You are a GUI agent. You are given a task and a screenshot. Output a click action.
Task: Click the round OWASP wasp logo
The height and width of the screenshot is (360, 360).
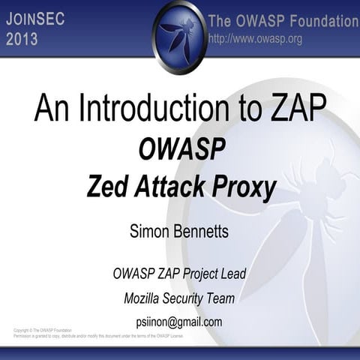[x=180, y=36]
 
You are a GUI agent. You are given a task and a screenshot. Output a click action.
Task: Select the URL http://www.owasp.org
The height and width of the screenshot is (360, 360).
[x=255, y=39]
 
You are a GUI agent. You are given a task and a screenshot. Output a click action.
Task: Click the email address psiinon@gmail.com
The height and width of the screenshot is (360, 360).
[x=180, y=322]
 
